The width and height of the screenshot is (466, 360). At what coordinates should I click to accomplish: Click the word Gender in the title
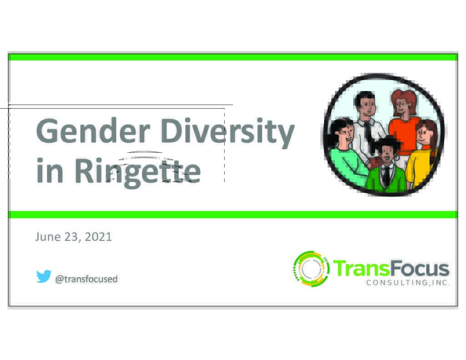tap(93, 131)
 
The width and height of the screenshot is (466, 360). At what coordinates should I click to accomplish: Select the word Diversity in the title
tap(228, 132)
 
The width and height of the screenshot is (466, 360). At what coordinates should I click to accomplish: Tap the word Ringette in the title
tap(137, 172)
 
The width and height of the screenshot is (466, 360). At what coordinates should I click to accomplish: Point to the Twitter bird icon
tap(44, 276)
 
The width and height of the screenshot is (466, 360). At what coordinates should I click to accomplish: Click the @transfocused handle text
tap(86, 279)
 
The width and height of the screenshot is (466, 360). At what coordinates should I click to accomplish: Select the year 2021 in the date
tap(98, 237)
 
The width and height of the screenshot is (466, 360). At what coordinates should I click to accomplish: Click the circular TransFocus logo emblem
tap(311, 269)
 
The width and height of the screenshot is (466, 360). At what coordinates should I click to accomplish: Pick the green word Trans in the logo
tap(361, 268)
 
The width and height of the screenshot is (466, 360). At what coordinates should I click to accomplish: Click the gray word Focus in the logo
tap(420, 268)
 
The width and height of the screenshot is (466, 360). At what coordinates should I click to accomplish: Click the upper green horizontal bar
tap(233, 57)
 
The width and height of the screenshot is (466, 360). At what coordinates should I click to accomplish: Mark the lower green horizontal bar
tap(233, 215)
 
